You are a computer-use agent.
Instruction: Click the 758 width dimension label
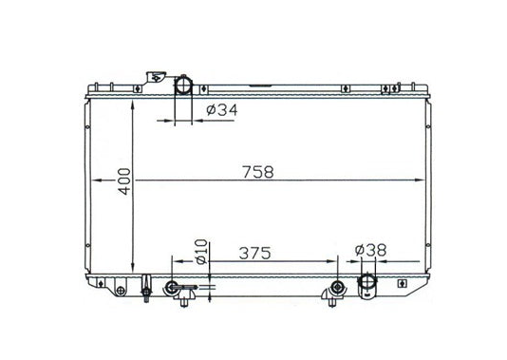[258, 172]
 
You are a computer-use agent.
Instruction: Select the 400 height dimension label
[124, 181]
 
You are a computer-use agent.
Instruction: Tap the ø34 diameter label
[222, 110]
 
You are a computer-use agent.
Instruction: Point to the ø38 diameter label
[370, 250]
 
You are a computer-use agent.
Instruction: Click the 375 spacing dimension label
[254, 254]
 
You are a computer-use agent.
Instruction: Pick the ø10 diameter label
[201, 252]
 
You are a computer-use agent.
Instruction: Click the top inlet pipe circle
[183, 85]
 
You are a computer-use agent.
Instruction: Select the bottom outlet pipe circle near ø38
[367, 281]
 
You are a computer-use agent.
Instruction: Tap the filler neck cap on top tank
[156, 77]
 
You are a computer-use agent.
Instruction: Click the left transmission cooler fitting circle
[172, 287]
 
